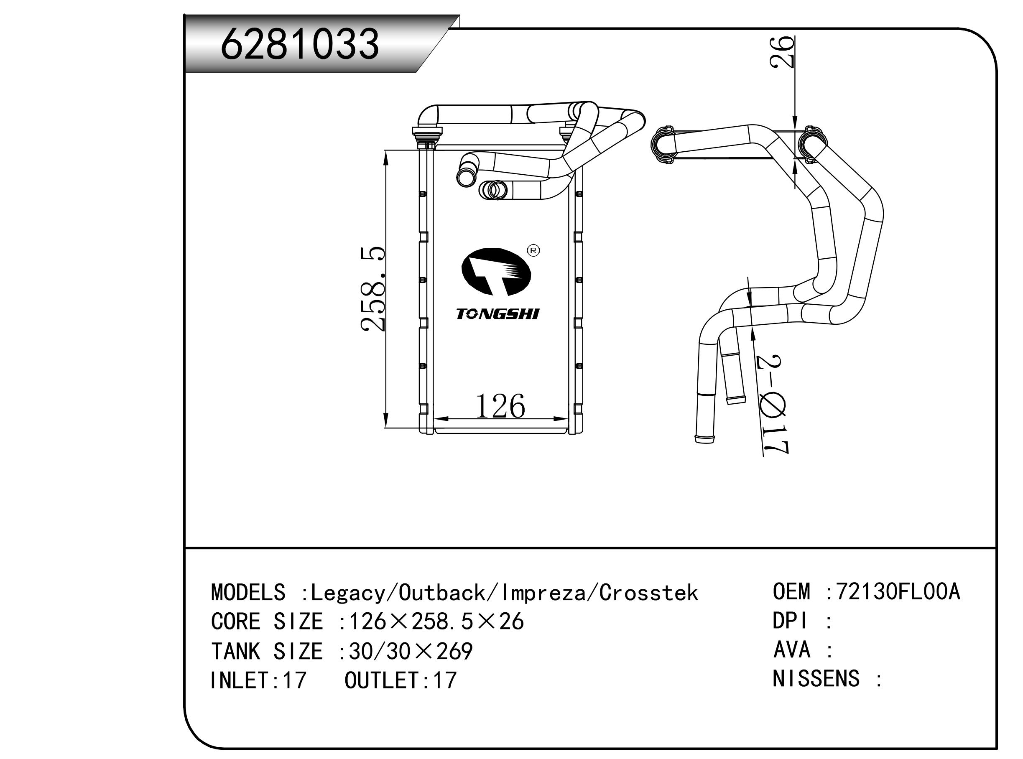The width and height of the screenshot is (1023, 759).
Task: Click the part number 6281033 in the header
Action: pos(300,44)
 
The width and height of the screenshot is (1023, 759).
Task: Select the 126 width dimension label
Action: pos(500,407)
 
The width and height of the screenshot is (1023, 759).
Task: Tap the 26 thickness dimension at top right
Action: pos(783,51)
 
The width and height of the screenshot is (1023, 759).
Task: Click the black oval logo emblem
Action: pos(496,272)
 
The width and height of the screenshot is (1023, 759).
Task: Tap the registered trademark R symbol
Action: pos(533,250)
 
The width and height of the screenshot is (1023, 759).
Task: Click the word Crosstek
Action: pos(648,593)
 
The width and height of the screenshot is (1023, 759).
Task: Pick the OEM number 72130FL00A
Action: pos(898,592)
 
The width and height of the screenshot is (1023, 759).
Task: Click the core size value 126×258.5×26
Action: pos(436,622)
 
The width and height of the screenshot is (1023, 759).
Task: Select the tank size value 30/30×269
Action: pos(411,652)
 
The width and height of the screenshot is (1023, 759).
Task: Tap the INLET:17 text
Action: pos(258,680)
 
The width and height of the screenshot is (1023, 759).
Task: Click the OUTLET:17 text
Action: pos(400,680)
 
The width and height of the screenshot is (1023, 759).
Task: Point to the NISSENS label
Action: pos(816,679)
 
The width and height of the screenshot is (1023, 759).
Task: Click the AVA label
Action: pos(792,649)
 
